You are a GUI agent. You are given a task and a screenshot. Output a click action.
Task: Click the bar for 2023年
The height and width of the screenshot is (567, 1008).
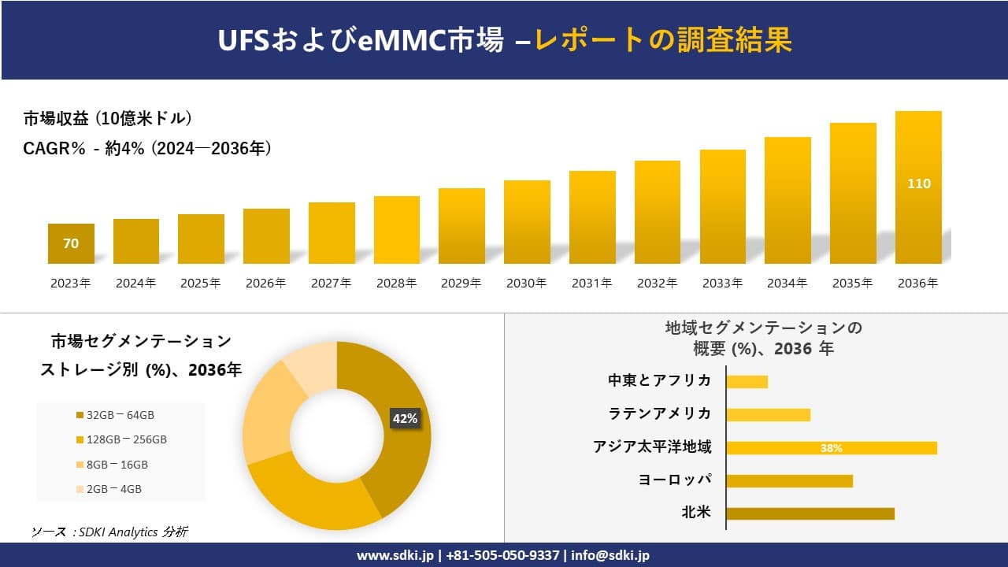pos(71,243)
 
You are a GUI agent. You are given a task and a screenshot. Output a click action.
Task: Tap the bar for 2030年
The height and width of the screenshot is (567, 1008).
pos(527,222)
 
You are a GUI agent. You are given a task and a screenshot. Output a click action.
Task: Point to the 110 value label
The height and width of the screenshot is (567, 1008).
pos(918,183)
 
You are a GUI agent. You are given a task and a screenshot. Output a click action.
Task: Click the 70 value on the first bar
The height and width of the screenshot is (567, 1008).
pos(71,243)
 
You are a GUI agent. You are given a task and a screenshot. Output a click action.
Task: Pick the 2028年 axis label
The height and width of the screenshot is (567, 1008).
pos(396,283)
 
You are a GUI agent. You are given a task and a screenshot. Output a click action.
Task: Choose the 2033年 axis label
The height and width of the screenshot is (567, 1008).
pos(722,283)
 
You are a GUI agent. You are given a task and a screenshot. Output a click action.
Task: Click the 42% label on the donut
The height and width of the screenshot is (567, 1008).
pos(405,419)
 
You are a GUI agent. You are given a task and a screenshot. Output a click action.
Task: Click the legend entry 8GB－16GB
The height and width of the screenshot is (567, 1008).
pos(117,465)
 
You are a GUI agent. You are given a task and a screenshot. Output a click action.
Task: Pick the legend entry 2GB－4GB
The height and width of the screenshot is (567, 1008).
pos(113,489)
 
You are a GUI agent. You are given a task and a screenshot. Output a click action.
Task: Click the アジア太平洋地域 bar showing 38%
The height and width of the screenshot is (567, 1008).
pos(831,448)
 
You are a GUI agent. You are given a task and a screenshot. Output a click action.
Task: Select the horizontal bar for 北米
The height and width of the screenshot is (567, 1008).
pos(810,513)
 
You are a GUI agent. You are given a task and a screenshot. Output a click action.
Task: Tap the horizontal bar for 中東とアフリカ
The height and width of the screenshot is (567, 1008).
pos(747,382)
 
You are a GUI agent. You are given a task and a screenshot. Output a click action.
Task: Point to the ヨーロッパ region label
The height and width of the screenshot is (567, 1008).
pos(675,480)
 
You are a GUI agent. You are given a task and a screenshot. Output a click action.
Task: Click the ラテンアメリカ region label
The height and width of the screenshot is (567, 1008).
pos(659,413)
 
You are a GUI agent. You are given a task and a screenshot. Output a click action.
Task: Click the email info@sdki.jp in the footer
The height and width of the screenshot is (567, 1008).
pos(610,555)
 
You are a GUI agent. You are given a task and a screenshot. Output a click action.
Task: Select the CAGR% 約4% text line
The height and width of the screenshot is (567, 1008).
pos(147,148)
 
